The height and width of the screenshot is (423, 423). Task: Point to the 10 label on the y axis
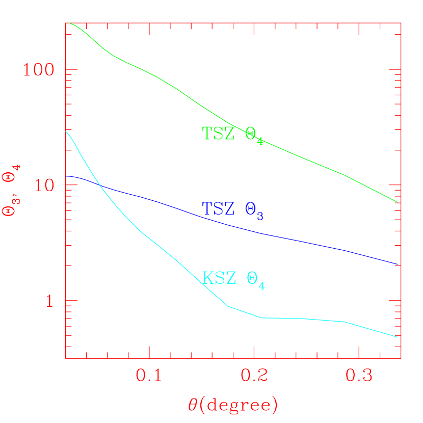click(44, 185)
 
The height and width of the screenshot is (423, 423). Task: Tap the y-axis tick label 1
click(49, 301)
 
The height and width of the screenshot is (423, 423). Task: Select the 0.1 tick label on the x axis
click(149, 376)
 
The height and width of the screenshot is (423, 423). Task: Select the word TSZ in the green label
click(219, 133)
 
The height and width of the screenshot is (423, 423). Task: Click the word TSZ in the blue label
click(219, 208)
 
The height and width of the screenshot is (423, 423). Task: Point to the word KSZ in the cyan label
click(219, 278)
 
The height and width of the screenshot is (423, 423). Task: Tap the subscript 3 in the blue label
click(260, 216)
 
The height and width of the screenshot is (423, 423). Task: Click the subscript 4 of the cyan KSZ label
click(262, 286)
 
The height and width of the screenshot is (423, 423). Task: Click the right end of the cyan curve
click(398, 337)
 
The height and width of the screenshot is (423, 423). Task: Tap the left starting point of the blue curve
click(66, 176)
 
